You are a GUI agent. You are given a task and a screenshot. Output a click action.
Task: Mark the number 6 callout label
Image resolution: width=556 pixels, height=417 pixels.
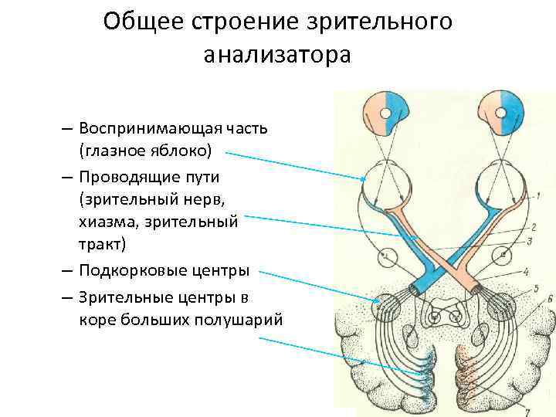tap(549, 298)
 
